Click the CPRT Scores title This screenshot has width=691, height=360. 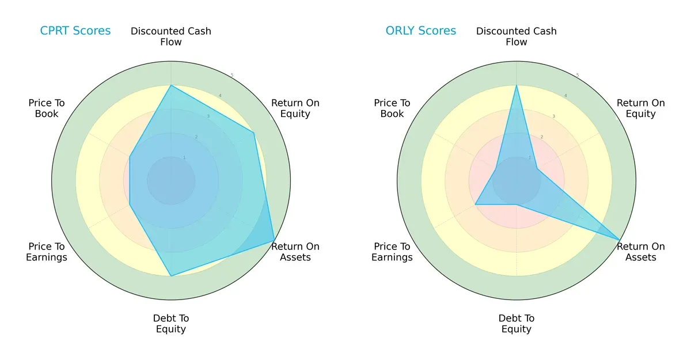[75, 31]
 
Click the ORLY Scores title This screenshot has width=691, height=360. [420, 31]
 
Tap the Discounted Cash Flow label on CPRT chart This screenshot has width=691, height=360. [171, 36]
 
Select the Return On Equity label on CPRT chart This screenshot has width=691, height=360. [295, 108]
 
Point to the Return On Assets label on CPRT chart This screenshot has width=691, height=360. [295, 252]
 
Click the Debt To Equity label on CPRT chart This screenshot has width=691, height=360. [171, 324]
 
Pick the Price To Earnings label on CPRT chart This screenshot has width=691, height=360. [47, 252]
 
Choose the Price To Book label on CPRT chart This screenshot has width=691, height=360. [47, 108]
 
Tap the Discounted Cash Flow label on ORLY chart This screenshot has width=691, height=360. [517, 36]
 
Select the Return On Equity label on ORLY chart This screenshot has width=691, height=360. [640, 108]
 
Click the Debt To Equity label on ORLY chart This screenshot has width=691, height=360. [517, 324]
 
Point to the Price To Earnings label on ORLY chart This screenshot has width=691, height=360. [392, 252]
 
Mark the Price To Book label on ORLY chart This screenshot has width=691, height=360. [392, 108]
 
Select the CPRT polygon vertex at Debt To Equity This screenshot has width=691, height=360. [171, 276]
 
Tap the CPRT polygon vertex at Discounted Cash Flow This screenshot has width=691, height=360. [171, 85]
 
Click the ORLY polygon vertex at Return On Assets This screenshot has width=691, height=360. [620, 240]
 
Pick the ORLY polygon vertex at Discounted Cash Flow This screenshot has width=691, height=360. [517, 85]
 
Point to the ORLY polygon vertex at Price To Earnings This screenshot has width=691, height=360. [475, 204]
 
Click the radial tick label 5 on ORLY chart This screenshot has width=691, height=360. [578, 75]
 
